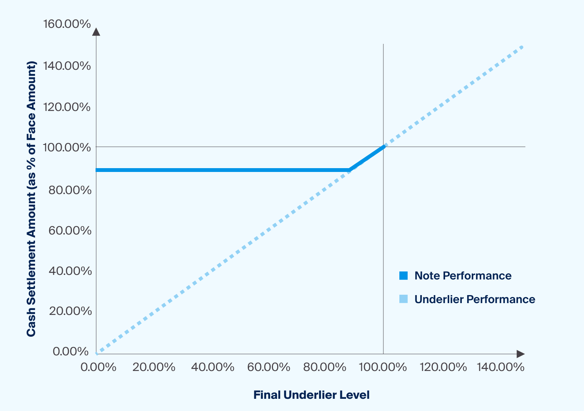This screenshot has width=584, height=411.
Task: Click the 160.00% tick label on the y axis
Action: pyautogui.click(x=67, y=24)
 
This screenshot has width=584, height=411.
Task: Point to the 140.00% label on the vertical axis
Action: pyautogui.click(x=67, y=66)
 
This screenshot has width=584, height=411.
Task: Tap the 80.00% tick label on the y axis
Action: pyautogui.click(x=70, y=190)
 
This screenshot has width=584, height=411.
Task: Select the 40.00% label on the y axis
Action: pyautogui.click(x=70, y=271)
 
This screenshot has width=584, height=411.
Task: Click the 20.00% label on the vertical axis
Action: pyautogui.click(x=70, y=311)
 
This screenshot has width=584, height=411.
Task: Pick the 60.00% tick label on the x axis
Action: pyautogui.click(x=269, y=367)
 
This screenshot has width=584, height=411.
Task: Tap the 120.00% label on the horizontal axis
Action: pyautogui.click(x=443, y=367)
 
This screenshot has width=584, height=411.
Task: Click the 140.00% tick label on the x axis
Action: pyautogui.click(x=501, y=367)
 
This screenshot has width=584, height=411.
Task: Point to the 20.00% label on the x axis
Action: pyautogui.click(x=154, y=367)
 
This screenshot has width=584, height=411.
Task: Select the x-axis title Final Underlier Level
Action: pyautogui.click(x=311, y=395)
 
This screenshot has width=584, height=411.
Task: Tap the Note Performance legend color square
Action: pyautogui.click(x=404, y=276)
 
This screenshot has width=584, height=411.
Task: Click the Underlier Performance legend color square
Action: pyautogui.click(x=404, y=299)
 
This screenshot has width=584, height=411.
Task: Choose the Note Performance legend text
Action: pyautogui.click(x=463, y=276)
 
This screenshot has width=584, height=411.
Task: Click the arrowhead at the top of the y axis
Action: pyautogui.click(x=96, y=32)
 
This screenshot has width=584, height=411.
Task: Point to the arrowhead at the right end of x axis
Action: pyautogui.click(x=520, y=354)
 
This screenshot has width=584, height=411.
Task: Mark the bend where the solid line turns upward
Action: pyautogui.click(x=349, y=170)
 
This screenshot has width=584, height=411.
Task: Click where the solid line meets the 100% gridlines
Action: pyautogui.click(x=383, y=147)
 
